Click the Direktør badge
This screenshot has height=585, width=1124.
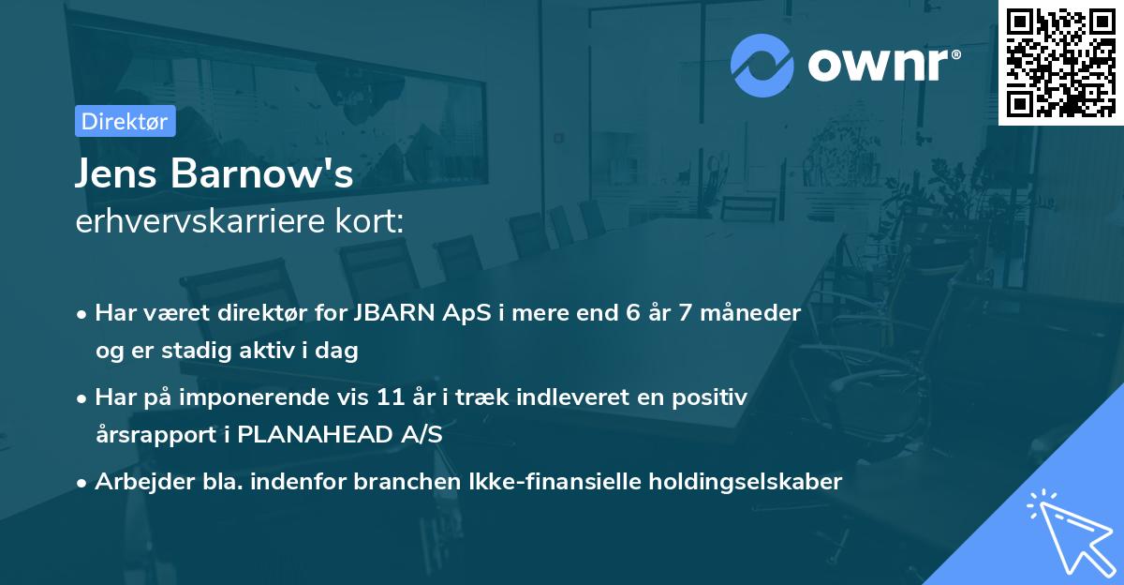pyautogui.click(x=125, y=121)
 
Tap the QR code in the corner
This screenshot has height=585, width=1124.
pyautogui.click(x=1059, y=62)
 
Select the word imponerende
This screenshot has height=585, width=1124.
pyautogui.click(x=262, y=397)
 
